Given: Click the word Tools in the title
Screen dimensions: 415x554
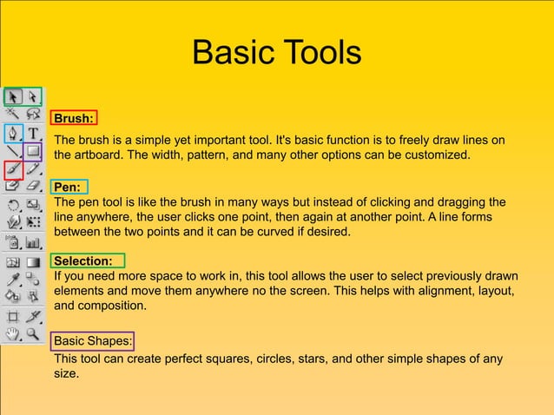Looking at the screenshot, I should click(320, 53).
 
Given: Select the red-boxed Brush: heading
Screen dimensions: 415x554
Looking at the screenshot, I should click(74, 118).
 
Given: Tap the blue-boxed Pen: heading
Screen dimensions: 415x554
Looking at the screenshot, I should click(69, 187).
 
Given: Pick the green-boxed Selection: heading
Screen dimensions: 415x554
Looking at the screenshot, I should click(82, 260).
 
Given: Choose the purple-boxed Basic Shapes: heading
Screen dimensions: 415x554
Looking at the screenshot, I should click(93, 339).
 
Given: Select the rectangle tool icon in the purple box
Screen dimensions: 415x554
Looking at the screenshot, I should click(33, 151).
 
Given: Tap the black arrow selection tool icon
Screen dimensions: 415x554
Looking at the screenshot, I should click(14, 96).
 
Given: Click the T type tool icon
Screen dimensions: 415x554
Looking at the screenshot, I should click(33, 133).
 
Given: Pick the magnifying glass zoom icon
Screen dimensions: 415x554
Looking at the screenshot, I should click(33, 333).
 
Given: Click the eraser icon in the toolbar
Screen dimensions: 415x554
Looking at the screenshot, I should click(33, 186).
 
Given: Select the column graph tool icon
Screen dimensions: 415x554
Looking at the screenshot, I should click(33, 242).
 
